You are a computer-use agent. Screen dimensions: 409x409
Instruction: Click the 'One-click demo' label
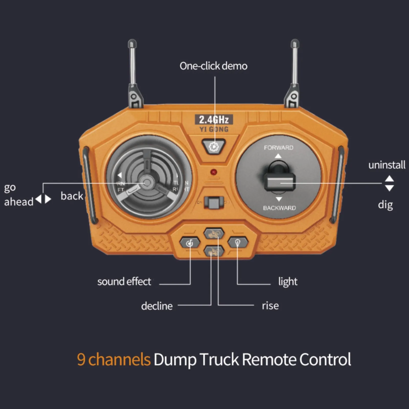[x=213, y=66]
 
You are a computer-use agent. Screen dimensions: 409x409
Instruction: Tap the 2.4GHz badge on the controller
[x=214, y=120]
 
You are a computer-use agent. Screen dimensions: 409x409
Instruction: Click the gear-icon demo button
[x=213, y=147]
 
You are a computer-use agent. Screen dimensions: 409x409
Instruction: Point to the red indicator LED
[x=214, y=172]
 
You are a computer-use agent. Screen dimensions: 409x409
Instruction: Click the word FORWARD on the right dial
[x=278, y=148]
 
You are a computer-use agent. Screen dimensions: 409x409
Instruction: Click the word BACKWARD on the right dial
[x=279, y=208]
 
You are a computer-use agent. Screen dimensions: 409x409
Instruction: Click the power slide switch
[x=213, y=203]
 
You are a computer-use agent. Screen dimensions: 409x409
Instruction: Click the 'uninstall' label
[x=387, y=165]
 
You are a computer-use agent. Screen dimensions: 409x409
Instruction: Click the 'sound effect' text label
[x=124, y=282]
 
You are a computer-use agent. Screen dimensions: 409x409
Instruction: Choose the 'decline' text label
[x=157, y=306]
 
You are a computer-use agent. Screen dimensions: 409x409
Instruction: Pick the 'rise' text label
[x=270, y=306]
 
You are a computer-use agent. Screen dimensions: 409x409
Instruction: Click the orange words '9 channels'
[x=114, y=359]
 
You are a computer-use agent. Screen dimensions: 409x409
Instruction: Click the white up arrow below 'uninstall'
[x=389, y=178]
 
